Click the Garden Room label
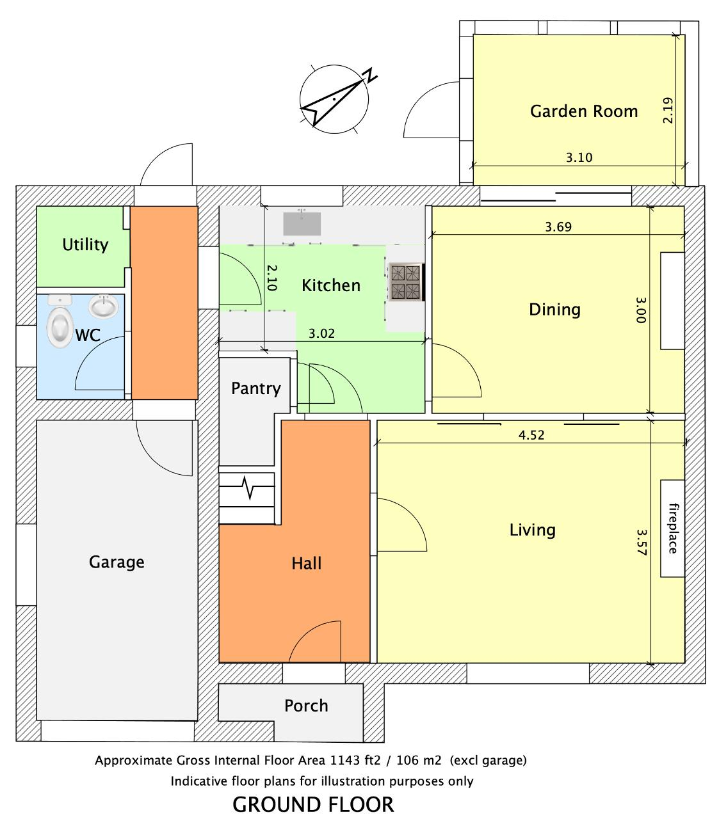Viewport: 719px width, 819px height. point(583,111)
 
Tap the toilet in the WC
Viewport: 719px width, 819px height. point(60,322)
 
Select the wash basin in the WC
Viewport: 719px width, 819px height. point(103,306)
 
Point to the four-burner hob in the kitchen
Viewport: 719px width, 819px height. point(406,282)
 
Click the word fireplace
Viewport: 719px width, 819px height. point(674,528)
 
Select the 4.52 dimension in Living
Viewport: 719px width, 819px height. point(531,435)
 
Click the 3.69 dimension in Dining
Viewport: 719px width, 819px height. point(558,227)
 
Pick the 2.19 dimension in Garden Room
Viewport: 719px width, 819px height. point(668,110)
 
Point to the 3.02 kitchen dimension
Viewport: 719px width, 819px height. point(321,333)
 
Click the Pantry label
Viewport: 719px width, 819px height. point(255,389)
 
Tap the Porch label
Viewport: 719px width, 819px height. point(306,706)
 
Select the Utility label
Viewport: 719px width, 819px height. point(85,244)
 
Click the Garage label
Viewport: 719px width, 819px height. point(117,562)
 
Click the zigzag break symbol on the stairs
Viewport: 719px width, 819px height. point(247,488)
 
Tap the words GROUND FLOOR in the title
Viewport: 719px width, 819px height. point(313,804)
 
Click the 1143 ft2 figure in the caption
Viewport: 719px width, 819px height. point(355,760)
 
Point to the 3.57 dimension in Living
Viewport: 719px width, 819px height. point(642,543)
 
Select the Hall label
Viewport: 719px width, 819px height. point(306,563)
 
